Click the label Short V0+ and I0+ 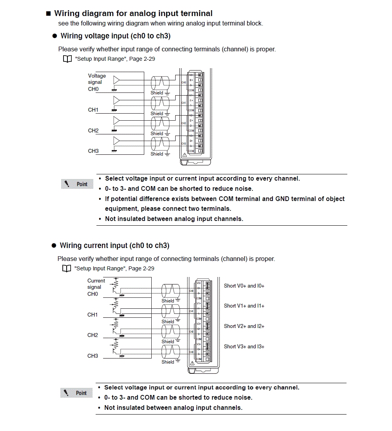click(244, 286)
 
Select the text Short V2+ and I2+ click(244, 326)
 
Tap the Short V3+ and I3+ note click(244, 346)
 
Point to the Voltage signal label click(97, 79)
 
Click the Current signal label click(96, 284)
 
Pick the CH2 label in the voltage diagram click(93, 130)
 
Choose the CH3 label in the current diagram click(93, 356)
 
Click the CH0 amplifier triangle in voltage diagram click(116, 80)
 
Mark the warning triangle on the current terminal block click(192, 364)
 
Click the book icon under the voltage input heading click(67, 59)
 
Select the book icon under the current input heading click(67, 269)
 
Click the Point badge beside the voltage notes click(77, 184)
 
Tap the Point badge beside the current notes click(76, 393)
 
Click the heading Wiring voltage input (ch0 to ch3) click(115, 36)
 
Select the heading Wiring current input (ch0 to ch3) click(114, 246)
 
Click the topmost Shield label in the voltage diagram click(157, 93)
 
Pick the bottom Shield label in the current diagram click(168, 362)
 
